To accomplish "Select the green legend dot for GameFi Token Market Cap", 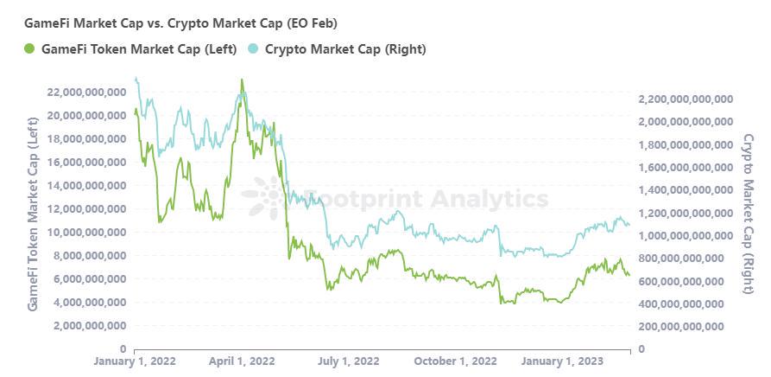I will [x=30, y=48].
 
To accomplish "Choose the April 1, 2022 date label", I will [x=242, y=361].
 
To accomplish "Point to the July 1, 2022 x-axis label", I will [x=348, y=361].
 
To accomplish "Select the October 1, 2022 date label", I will [x=454, y=361].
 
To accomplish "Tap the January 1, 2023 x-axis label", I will [x=562, y=361].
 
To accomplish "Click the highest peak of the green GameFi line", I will [x=242, y=80].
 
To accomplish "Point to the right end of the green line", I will [x=629, y=275].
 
